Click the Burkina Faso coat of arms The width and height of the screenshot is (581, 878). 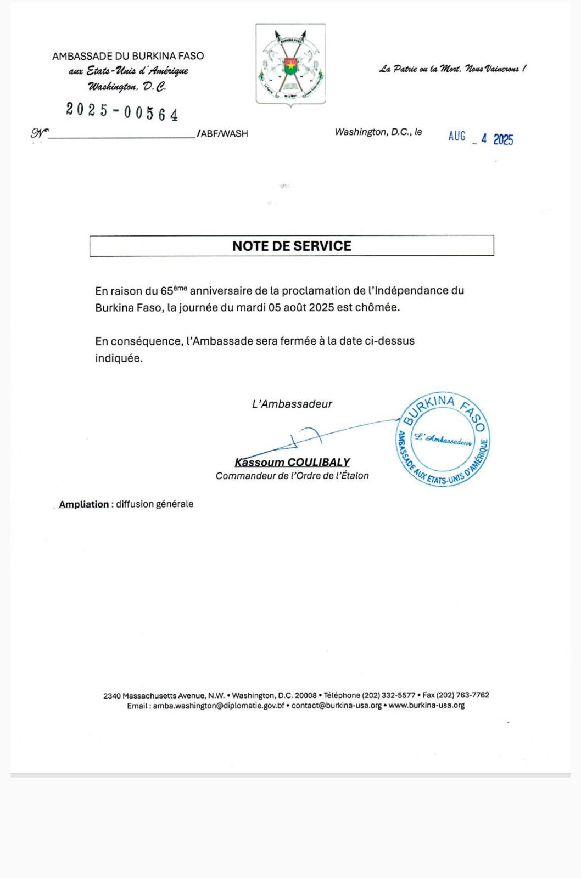pyautogui.click(x=290, y=64)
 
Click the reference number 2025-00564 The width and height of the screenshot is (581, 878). pyautogui.click(x=122, y=111)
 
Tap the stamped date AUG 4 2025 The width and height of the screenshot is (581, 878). pyautogui.click(x=481, y=138)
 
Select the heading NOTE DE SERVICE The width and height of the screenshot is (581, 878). pyautogui.click(x=292, y=246)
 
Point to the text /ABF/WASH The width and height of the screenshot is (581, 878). pyautogui.click(x=223, y=133)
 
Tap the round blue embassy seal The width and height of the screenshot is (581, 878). pyautogui.click(x=443, y=440)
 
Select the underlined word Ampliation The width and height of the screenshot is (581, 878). pyautogui.click(x=84, y=504)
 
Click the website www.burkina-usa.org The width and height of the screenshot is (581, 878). pyautogui.click(x=427, y=706)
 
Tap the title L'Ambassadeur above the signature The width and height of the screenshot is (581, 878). pyautogui.click(x=292, y=404)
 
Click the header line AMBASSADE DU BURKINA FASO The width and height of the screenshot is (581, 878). pyautogui.click(x=128, y=56)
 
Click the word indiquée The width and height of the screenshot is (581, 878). pyautogui.click(x=119, y=358)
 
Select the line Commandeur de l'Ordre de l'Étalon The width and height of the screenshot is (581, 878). pyautogui.click(x=292, y=476)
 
